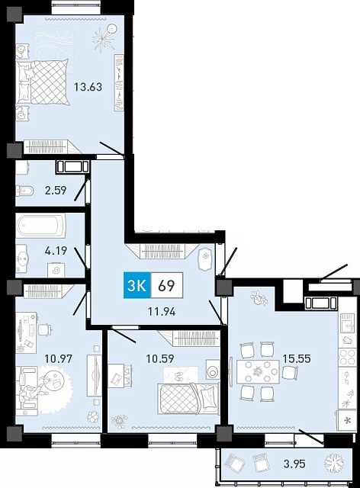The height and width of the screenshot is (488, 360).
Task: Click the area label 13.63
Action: pyautogui.click(x=88, y=87)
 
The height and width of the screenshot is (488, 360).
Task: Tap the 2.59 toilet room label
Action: pyautogui.click(x=56, y=190)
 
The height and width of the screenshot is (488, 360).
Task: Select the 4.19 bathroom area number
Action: pyautogui.click(x=56, y=251)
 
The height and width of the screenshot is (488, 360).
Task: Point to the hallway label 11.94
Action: pyautogui.click(x=162, y=312)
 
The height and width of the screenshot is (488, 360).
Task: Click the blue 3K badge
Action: pyautogui.click(x=137, y=285)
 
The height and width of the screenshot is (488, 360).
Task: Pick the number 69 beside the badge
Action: pyautogui.click(x=166, y=286)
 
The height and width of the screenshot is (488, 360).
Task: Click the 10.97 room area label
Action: pyautogui.click(x=59, y=359)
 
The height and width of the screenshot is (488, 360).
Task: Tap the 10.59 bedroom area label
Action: pyautogui.click(x=160, y=359)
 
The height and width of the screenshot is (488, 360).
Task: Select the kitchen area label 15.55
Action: pyautogui.click(x=297, y=359)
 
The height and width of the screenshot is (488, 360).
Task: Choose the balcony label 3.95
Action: pyautogui.click(x=294, y=464)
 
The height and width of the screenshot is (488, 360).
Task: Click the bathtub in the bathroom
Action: pyautogui.click(x=40, y=226)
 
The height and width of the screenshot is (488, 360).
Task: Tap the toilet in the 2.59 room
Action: pyautogui.click(x=24, y=191)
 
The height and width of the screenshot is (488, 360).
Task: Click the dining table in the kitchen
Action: pyautogui.click(x=258, y=371)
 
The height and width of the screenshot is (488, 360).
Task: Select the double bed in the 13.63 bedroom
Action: pyautogui.click(x=43, y=82)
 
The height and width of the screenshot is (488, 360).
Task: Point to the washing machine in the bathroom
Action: pyautogui.click(x=56, y=270)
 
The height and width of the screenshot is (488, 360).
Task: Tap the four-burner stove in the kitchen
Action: pyautogui.click(x=347, y=357)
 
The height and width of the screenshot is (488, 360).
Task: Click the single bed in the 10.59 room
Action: pyautogui.click(x=188, y=398)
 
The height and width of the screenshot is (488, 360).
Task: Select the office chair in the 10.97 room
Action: pyautogui.click(x=45, y=329)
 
